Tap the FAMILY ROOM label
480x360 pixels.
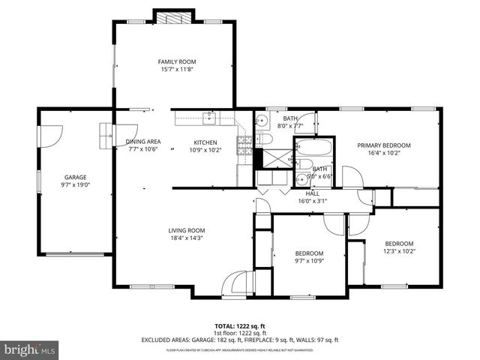tap(176, 61)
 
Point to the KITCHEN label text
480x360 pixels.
tap(205, 142)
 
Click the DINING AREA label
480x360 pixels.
tap(143, 142)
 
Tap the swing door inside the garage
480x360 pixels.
tap(49, 136)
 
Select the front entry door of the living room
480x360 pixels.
tap(237, 283)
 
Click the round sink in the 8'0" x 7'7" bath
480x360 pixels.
tap(262, 121)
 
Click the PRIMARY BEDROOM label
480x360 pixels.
tap(383, 145)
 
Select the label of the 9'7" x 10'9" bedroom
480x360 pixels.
tap(308, 253)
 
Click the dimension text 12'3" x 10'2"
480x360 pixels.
tap(399, 251)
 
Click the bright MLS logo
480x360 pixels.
tap(30, 349)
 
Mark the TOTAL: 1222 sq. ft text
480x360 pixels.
tap(240, 326)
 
